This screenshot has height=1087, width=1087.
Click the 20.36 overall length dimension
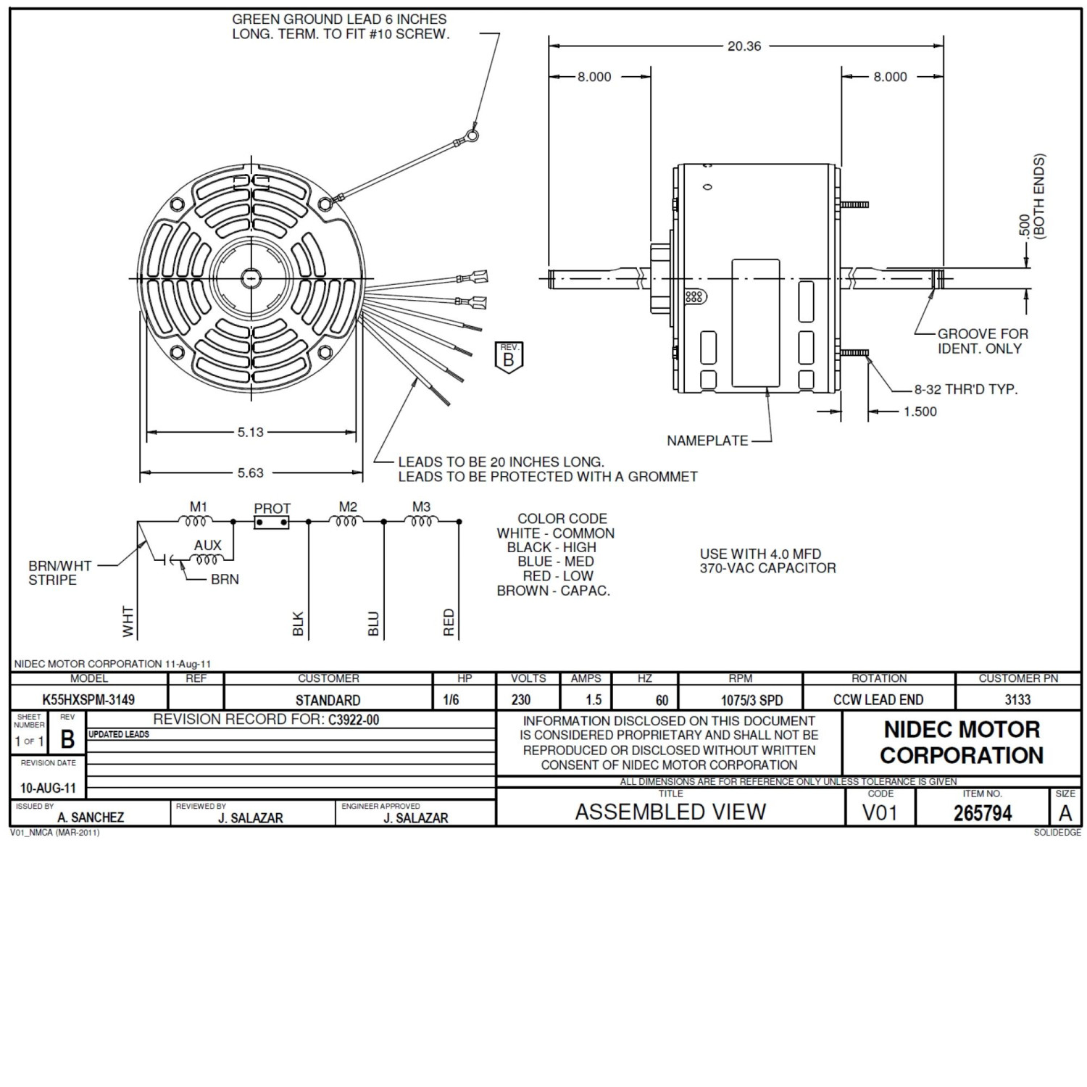click(744, 46)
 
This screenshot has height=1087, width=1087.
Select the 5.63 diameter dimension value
click(251, 473)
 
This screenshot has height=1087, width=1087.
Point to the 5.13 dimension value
click(251, 433)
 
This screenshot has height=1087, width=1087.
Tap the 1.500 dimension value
click(920, 412)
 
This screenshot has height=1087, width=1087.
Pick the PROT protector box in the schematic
click(272, 522)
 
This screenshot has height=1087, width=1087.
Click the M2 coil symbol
click(347, 521)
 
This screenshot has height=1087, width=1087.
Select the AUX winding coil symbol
click(207, 559)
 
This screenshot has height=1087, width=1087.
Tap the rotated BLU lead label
click(374, 623)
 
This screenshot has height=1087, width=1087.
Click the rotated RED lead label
click(449, 622)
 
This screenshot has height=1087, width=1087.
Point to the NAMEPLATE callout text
click(707, 441)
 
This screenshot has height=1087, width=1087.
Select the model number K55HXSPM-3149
click(88, 700)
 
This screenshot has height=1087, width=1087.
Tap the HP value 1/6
click(451, 700)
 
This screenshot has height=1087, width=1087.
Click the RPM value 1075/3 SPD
click(751, 701)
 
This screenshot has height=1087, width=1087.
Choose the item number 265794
click(983, 813)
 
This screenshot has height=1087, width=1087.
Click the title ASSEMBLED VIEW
click(670, 812)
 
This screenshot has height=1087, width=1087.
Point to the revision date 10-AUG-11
click(48, 788)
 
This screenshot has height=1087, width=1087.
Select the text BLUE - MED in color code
click(555, 562)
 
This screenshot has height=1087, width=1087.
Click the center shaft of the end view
click(251, 278)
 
